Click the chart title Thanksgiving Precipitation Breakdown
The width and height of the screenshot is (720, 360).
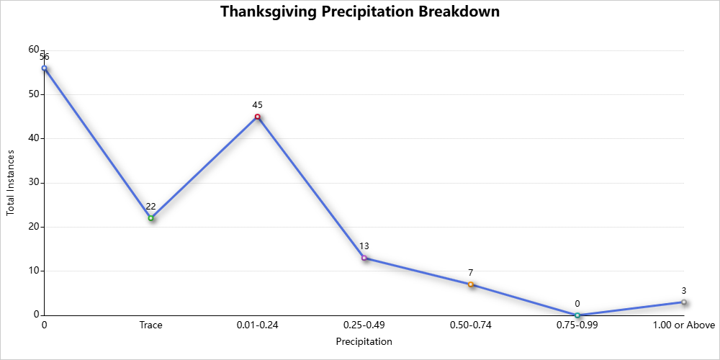point(360,12)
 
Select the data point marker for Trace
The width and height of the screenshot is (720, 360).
point(151,218)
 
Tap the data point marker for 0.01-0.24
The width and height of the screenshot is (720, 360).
point(257,117)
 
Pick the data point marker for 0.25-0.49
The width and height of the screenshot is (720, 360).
point(364,258)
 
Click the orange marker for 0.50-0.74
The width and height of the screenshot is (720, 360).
point(471,284)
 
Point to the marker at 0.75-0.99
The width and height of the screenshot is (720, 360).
point(577,315)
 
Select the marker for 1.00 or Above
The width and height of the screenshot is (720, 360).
point(684,302)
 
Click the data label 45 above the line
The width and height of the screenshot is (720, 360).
point(257,105)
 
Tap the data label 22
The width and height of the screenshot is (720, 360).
point(151,207)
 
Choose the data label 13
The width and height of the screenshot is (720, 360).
point(364,246)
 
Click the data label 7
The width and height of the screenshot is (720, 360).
point(471,273)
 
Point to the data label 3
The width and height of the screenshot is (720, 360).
point(684,291)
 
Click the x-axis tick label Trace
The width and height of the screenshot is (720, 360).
point(151,325)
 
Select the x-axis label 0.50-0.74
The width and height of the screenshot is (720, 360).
point(471,325)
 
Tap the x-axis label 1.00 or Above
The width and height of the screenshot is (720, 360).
point(683,325)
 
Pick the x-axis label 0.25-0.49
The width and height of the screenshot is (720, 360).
point(364,325)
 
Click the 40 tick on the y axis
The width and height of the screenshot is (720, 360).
point(34,138)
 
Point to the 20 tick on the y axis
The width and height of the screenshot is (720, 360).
point(34,227)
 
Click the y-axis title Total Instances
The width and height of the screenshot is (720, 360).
point(11,183)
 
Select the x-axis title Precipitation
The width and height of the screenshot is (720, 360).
point(364,342)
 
